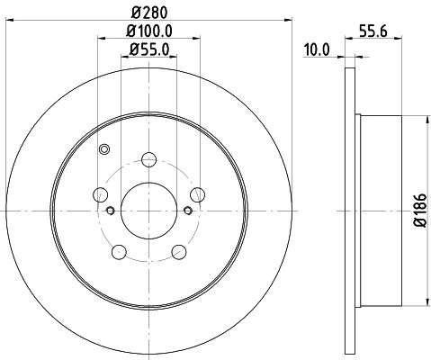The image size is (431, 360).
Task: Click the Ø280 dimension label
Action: [149, 13]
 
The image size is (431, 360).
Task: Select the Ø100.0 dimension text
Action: [149, 31]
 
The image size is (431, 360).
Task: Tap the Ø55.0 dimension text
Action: [149, 49]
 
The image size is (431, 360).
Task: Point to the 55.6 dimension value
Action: [373, 31]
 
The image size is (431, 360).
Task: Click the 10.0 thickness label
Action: [317, 49]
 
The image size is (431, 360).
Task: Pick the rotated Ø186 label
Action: [420, 210]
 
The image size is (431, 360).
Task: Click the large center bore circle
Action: [148, 211]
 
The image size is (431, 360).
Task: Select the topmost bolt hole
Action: [148, 159]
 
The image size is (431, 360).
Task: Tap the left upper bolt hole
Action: [101, 194]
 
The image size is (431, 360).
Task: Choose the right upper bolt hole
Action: [197, 194]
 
